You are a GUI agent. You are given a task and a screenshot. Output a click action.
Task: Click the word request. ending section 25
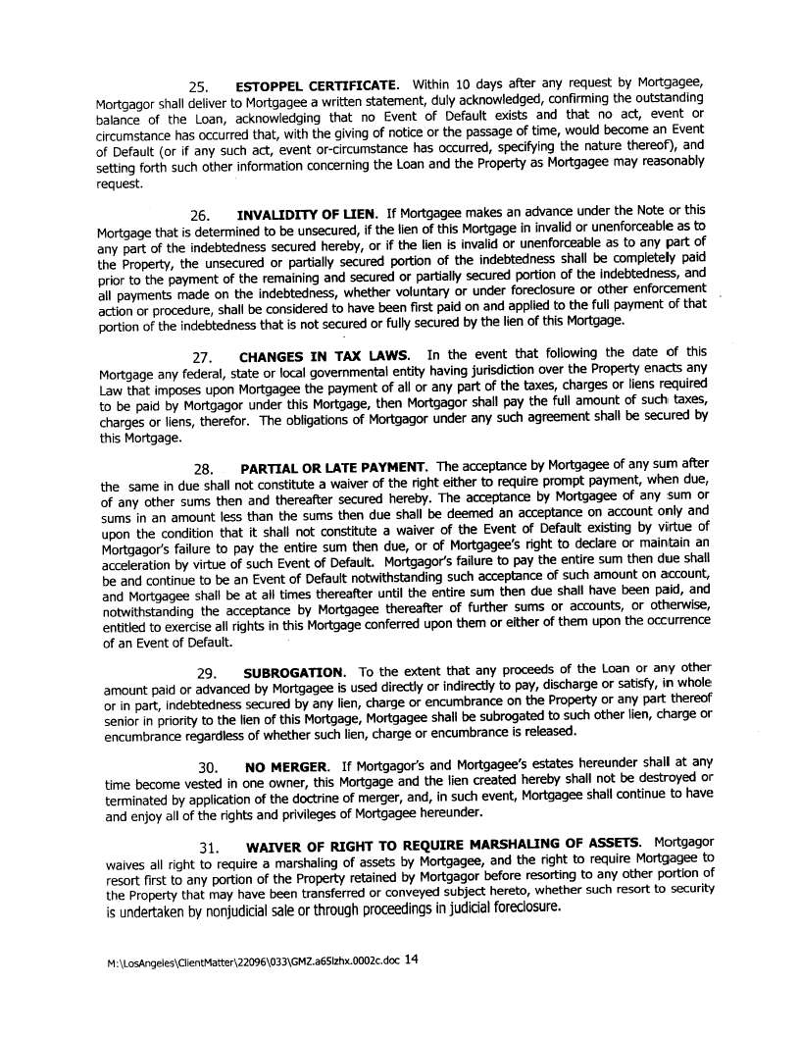[120, 183]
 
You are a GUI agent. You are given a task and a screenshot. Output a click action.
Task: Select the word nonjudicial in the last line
[236, 910]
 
